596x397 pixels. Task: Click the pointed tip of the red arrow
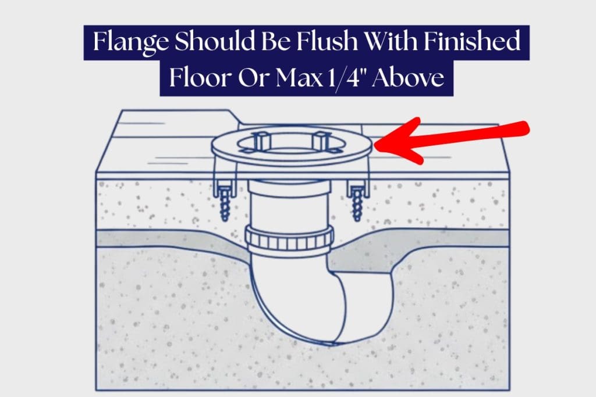(378, 142)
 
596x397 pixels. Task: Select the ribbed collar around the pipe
(289, 235)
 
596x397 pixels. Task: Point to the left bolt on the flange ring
(260, 141)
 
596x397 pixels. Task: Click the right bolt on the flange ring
(319, 140)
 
